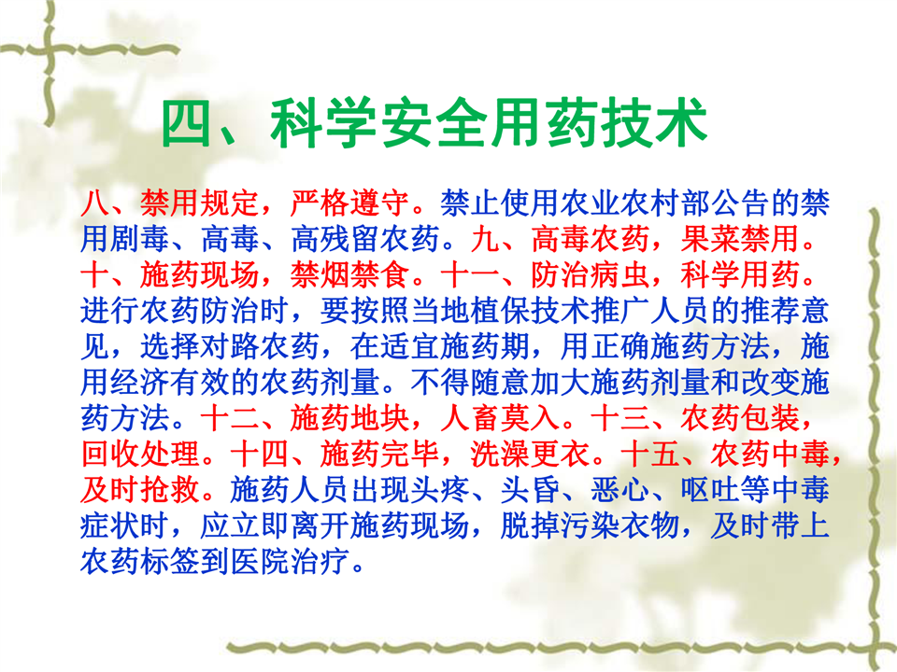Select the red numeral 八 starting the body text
tap(95, 203)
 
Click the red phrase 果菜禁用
tap(739, 239)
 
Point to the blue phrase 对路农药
tap(260, 347)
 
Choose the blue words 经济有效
tap(169, 383)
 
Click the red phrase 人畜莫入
tap(500, 419)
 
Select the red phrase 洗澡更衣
tap(530, 455)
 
